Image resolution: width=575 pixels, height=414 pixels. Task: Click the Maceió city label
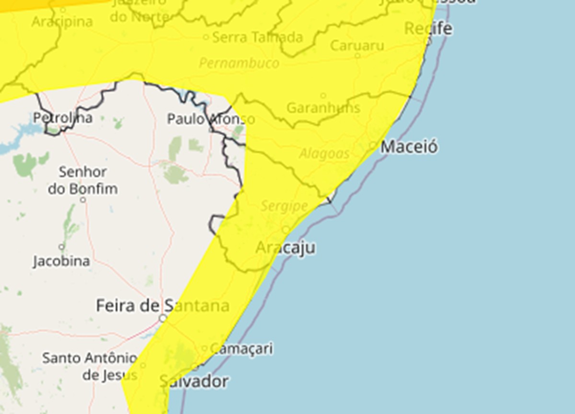[409, 147]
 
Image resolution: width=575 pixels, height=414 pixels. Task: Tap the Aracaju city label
[286, 248]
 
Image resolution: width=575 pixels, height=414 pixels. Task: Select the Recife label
[428, 28]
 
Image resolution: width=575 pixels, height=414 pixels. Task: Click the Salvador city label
[194, 381]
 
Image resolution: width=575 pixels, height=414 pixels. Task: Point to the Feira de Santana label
[162, 305]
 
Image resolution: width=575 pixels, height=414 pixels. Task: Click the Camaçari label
[241, 348]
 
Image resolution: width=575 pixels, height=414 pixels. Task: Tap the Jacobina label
[61, 261]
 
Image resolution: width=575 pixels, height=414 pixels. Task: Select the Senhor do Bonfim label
[83, 180]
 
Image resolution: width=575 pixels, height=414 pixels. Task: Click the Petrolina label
[63, 118]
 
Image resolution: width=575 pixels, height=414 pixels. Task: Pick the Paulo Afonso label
[211, 119]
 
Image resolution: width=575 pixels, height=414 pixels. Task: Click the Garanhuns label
[323, 108]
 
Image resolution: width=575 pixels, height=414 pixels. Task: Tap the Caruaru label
[357, 46]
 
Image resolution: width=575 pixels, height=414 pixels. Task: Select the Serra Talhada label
[257, 37]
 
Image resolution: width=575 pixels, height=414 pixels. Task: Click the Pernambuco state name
[239, 63]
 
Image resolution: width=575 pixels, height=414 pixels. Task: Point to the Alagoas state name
[324, 154]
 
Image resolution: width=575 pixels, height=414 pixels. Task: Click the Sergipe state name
[284, 206]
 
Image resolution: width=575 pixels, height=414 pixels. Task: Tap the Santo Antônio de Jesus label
[90, 366]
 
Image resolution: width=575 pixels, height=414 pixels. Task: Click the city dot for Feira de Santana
[163, 318]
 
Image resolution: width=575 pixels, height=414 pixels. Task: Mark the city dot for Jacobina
[61, 247]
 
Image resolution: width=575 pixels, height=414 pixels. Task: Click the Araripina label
[62, 22]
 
